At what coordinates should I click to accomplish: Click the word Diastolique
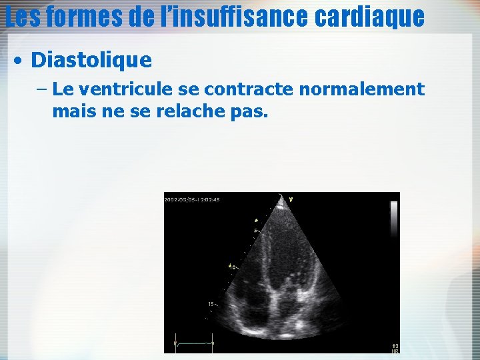91,61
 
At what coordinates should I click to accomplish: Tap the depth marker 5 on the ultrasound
255,231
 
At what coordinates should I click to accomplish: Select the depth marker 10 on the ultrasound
233,267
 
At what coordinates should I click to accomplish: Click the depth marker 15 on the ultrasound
211,304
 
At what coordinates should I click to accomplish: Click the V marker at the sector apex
290,198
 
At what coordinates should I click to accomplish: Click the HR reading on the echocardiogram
395,348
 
